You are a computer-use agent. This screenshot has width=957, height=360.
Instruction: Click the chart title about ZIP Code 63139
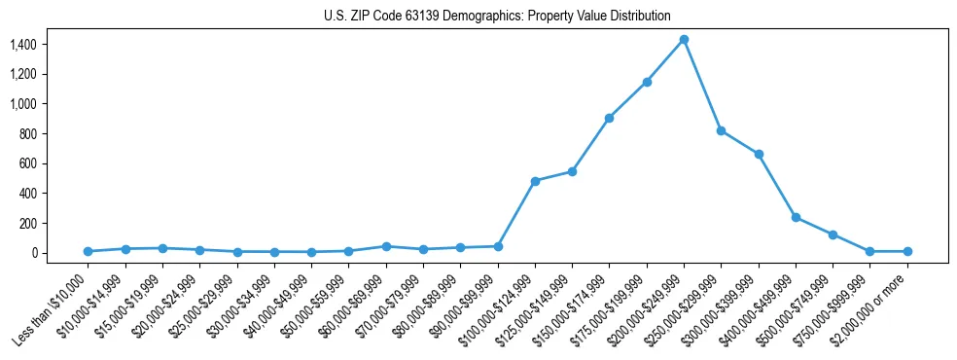point(497,17)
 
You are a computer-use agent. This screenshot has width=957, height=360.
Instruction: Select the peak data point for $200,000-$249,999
point(684,39)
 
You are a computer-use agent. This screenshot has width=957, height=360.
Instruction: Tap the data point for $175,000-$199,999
point(647,82)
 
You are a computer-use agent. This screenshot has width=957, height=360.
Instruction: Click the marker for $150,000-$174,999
point(609,118)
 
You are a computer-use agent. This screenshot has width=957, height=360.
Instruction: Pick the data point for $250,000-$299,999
point(721,130)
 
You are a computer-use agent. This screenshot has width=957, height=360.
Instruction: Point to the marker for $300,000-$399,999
point(759,154)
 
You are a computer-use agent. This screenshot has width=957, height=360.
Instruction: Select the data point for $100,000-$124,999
point(535,181)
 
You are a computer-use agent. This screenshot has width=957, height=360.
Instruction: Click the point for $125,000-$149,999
point(572,171)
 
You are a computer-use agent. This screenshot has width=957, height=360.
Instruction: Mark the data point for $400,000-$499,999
point(796,217)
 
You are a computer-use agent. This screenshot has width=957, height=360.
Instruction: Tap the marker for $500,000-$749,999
point(833,234)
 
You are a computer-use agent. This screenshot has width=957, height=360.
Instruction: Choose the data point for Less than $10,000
point(88,251)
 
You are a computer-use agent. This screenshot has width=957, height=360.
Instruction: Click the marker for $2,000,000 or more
point(907,251)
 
